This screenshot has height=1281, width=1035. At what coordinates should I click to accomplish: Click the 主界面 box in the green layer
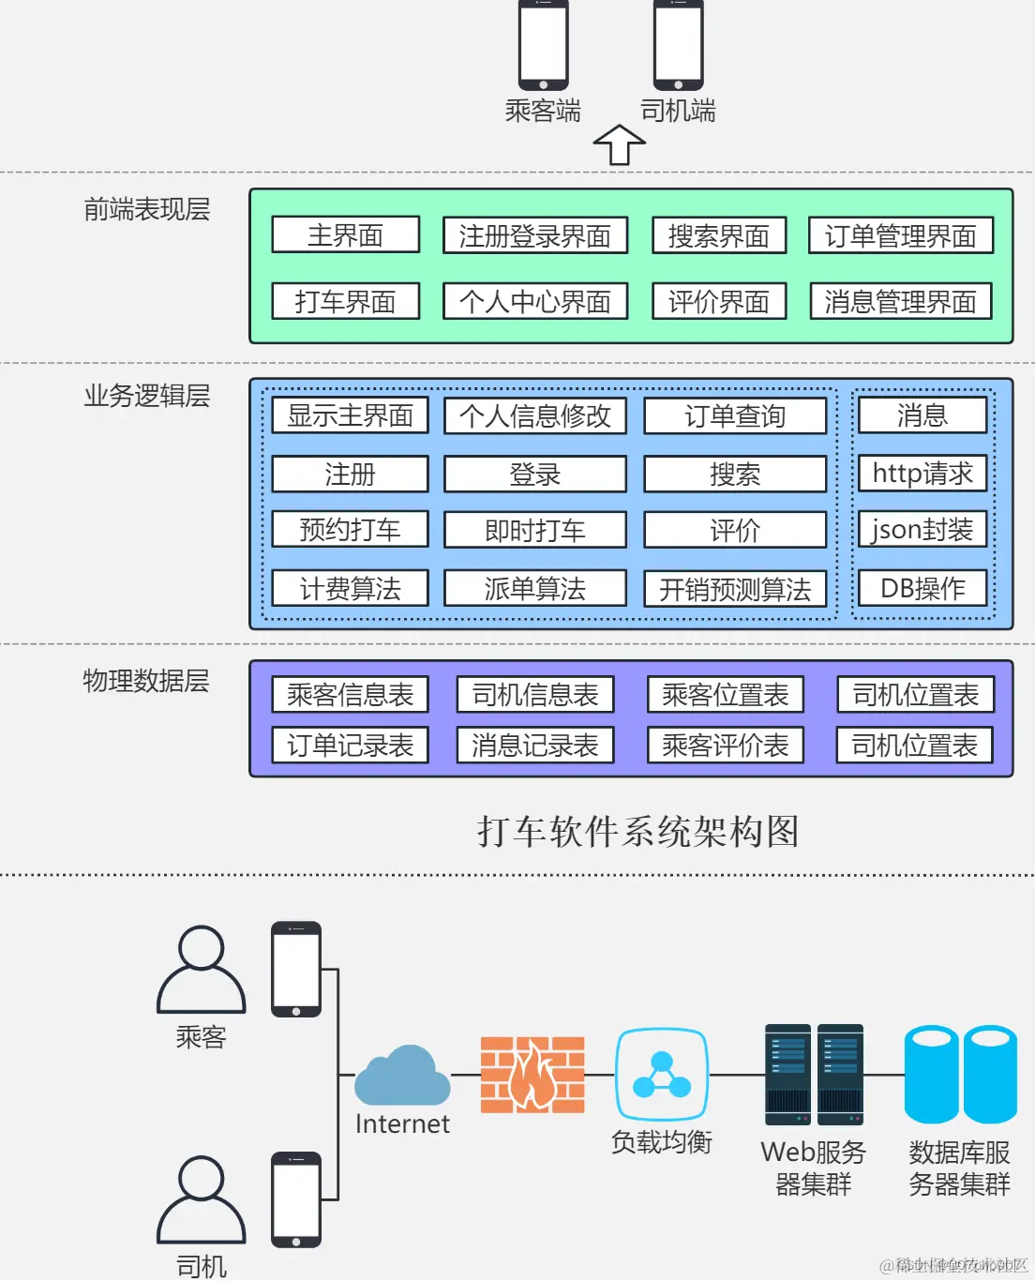tap(345, 234)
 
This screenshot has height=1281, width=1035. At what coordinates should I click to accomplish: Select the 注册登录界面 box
tap(534, 235)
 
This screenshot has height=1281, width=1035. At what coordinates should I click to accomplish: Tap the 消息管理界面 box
tap(900, 301)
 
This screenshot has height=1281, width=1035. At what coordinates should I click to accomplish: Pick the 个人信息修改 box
tap(534, 415)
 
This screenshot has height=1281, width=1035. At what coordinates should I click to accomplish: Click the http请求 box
tap(922, 473)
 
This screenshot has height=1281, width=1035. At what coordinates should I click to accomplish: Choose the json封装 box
tap(922, 530)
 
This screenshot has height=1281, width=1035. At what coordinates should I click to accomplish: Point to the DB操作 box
tap(922, 588)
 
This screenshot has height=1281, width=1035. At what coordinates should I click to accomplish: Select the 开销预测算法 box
tap(735, 589)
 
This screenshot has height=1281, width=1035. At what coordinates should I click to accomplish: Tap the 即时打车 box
tap(534, 530)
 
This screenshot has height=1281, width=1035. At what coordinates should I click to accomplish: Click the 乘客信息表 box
tap(350, 695)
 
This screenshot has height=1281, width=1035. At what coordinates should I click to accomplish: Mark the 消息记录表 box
tap(534, 746)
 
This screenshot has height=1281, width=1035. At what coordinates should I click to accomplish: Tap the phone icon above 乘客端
tap(544, 45)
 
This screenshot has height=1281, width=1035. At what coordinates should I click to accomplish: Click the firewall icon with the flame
tap(532, 1075)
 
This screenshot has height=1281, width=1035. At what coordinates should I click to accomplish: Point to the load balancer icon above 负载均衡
tap(662, 1075)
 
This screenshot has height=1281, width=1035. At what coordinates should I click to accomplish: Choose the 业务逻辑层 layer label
tap(147, 396)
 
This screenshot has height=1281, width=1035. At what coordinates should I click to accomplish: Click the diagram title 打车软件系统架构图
tap(637, 832)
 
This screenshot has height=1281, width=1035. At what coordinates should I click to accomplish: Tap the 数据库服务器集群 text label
tap(959, 1168)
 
